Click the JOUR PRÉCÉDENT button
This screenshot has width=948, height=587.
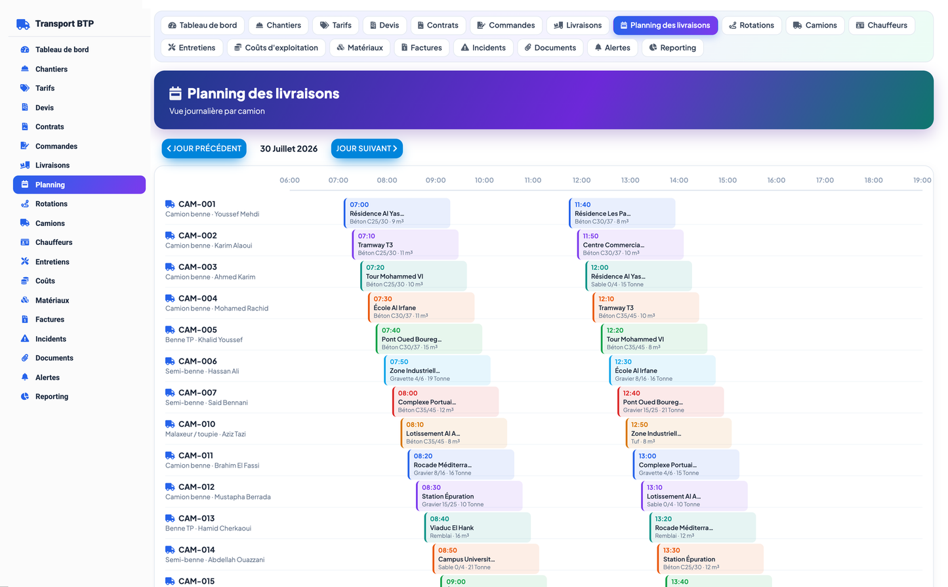click(204, 148)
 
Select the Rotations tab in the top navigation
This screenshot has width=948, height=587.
click(751, 26)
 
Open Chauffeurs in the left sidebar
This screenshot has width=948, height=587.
click(54, 242)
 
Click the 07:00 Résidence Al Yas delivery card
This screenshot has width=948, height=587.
click(397, 213)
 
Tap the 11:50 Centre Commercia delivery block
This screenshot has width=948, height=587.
click(630, 244)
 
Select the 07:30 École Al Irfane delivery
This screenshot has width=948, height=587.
click(421, 307)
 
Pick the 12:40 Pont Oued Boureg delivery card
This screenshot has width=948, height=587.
click(670, 401)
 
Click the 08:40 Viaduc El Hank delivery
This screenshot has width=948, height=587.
click(478, 527)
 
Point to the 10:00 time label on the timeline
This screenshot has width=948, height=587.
click(484, 180)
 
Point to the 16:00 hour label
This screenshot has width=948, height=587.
click(776, 180)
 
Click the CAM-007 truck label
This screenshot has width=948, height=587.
click(197, 393)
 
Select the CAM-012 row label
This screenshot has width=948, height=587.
click(196, 487)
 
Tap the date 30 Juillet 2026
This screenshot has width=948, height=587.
click(289, 148)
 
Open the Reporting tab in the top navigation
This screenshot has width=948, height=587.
click(672, 48)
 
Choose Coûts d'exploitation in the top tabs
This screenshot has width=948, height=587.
click(276, 48)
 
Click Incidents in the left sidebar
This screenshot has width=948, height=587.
click(51, 339)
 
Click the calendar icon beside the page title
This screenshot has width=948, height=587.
click(175, 93)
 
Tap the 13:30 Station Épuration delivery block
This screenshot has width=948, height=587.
click(711, 559)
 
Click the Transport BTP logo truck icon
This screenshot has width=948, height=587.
click(23, 24)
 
